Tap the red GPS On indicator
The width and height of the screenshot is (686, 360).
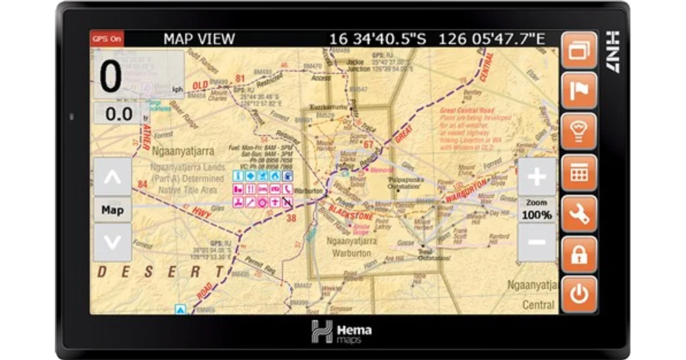point(106,38)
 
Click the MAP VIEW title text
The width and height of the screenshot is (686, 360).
point(199,39)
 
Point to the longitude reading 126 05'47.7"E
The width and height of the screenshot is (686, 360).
point(491,39)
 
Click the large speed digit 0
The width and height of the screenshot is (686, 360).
point(111,77)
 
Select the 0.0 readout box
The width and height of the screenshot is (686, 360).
point(119,114)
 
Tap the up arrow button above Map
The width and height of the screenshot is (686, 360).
point(113,177)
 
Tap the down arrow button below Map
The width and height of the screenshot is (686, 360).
point(113,242)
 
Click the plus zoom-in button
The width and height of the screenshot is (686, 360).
point(536,178)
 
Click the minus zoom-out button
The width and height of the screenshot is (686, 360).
point(536,242)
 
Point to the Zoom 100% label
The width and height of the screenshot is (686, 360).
point(536,210)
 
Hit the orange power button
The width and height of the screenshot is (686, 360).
point(579,295)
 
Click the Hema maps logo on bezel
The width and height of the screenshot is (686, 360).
point(341,332)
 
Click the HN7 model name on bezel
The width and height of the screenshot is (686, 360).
point(613,51)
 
